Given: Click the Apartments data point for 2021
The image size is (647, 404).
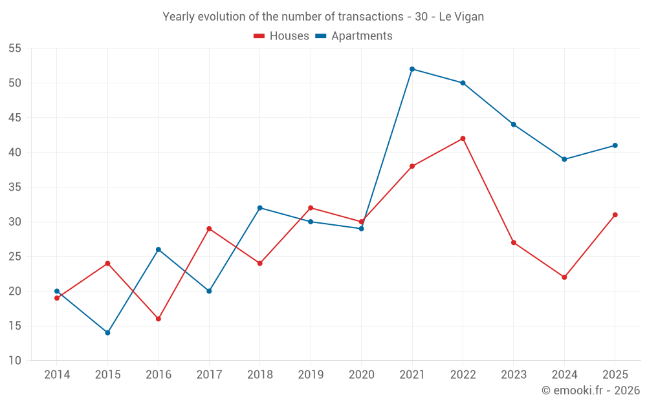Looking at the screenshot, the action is [x=412, y=69].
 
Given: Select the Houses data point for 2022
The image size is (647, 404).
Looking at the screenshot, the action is [x=463, y=138].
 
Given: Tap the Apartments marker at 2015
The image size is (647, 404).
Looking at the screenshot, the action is [x=107, y=333].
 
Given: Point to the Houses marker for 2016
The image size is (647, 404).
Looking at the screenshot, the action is [x=159, y=319].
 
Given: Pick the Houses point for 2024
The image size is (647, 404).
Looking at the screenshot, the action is [x=564, y=277].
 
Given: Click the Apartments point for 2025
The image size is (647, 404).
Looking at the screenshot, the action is [x=615, y=145].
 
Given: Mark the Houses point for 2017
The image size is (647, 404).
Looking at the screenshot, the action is [x=209, y=229].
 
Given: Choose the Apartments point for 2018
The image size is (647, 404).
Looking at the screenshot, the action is [x=260, y=207].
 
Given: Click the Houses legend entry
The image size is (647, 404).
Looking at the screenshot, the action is [x=281, y=36].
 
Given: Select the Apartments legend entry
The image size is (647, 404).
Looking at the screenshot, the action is [x=354, y=36].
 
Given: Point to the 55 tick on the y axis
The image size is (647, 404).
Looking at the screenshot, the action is [x=14, y=48].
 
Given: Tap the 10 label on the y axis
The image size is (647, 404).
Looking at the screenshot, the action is [x=14, y=360].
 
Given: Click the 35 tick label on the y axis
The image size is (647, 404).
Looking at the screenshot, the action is [x=14, y=187].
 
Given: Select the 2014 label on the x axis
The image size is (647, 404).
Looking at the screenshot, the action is [x=57, y=374].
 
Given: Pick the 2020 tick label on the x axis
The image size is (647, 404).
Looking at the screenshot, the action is [x=362, y=374].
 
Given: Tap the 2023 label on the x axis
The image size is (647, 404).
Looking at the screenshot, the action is [x=514, y=374].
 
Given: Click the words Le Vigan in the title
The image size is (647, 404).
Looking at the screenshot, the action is [x=461, y=17].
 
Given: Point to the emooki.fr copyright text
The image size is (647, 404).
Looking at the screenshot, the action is [x=591, y=390].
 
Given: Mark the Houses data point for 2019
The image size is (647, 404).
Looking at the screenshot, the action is [x=311, y=207].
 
